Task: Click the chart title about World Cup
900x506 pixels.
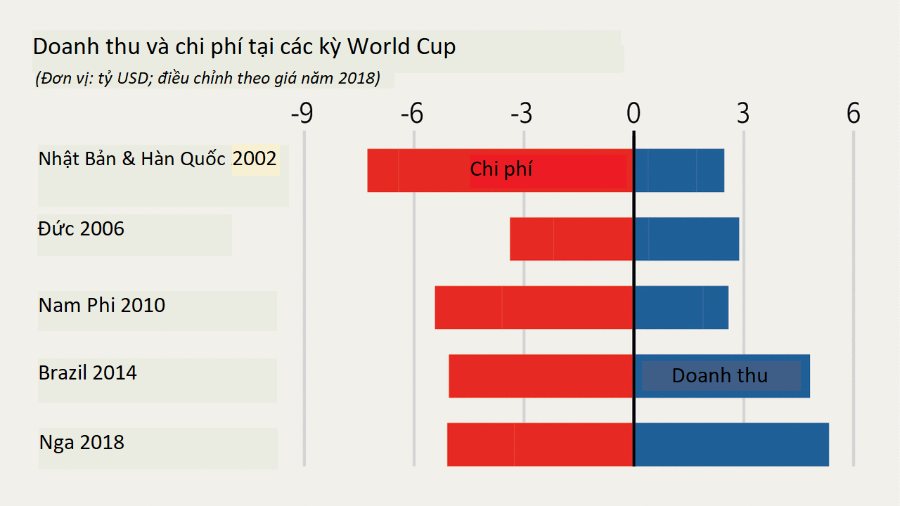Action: (x=244, y=47)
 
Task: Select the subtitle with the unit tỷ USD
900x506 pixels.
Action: (x=207, y=78)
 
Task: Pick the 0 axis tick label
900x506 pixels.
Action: (x=634, y=114)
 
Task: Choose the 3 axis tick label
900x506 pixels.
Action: (x=743, y=114)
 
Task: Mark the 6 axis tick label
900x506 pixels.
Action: (x=853, y=114)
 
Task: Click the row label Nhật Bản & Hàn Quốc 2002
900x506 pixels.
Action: (x=158, y=158)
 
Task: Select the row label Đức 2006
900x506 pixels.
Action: (x=82, y=229)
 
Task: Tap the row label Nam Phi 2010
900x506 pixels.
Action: (x=102, y=305)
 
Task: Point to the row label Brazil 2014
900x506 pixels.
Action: (x=88, y=372)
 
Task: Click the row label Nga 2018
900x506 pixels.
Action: (x=82, y=443)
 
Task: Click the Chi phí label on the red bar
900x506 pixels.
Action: (x=501, y=169)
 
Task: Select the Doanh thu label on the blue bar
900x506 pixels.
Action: (x=719, y=375)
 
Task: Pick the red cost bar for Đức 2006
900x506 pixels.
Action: (x=571, y=239)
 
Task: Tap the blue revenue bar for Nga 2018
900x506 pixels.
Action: (x=731, y=444)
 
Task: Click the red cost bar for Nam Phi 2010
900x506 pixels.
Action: (x=534, y=307)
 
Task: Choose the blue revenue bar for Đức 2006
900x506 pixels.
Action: (x=686, y=239)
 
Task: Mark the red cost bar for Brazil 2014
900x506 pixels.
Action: (x=541, y=376)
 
